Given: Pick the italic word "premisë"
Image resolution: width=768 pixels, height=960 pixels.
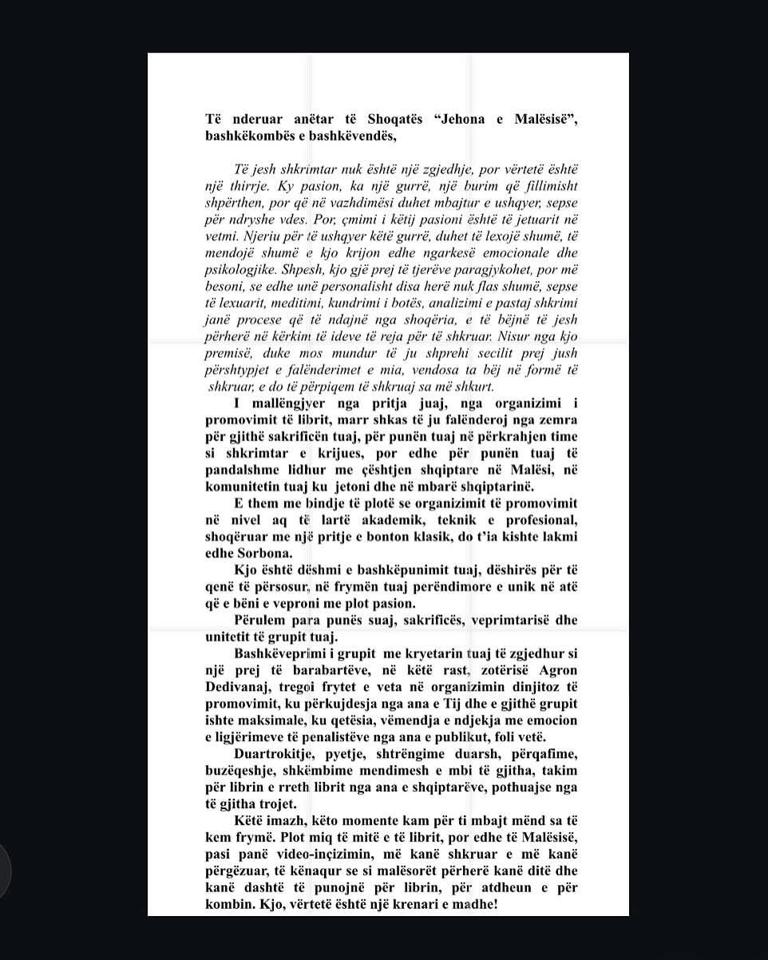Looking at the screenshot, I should point(230,353).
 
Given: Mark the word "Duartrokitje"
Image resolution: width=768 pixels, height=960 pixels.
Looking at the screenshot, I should point(281,754).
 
